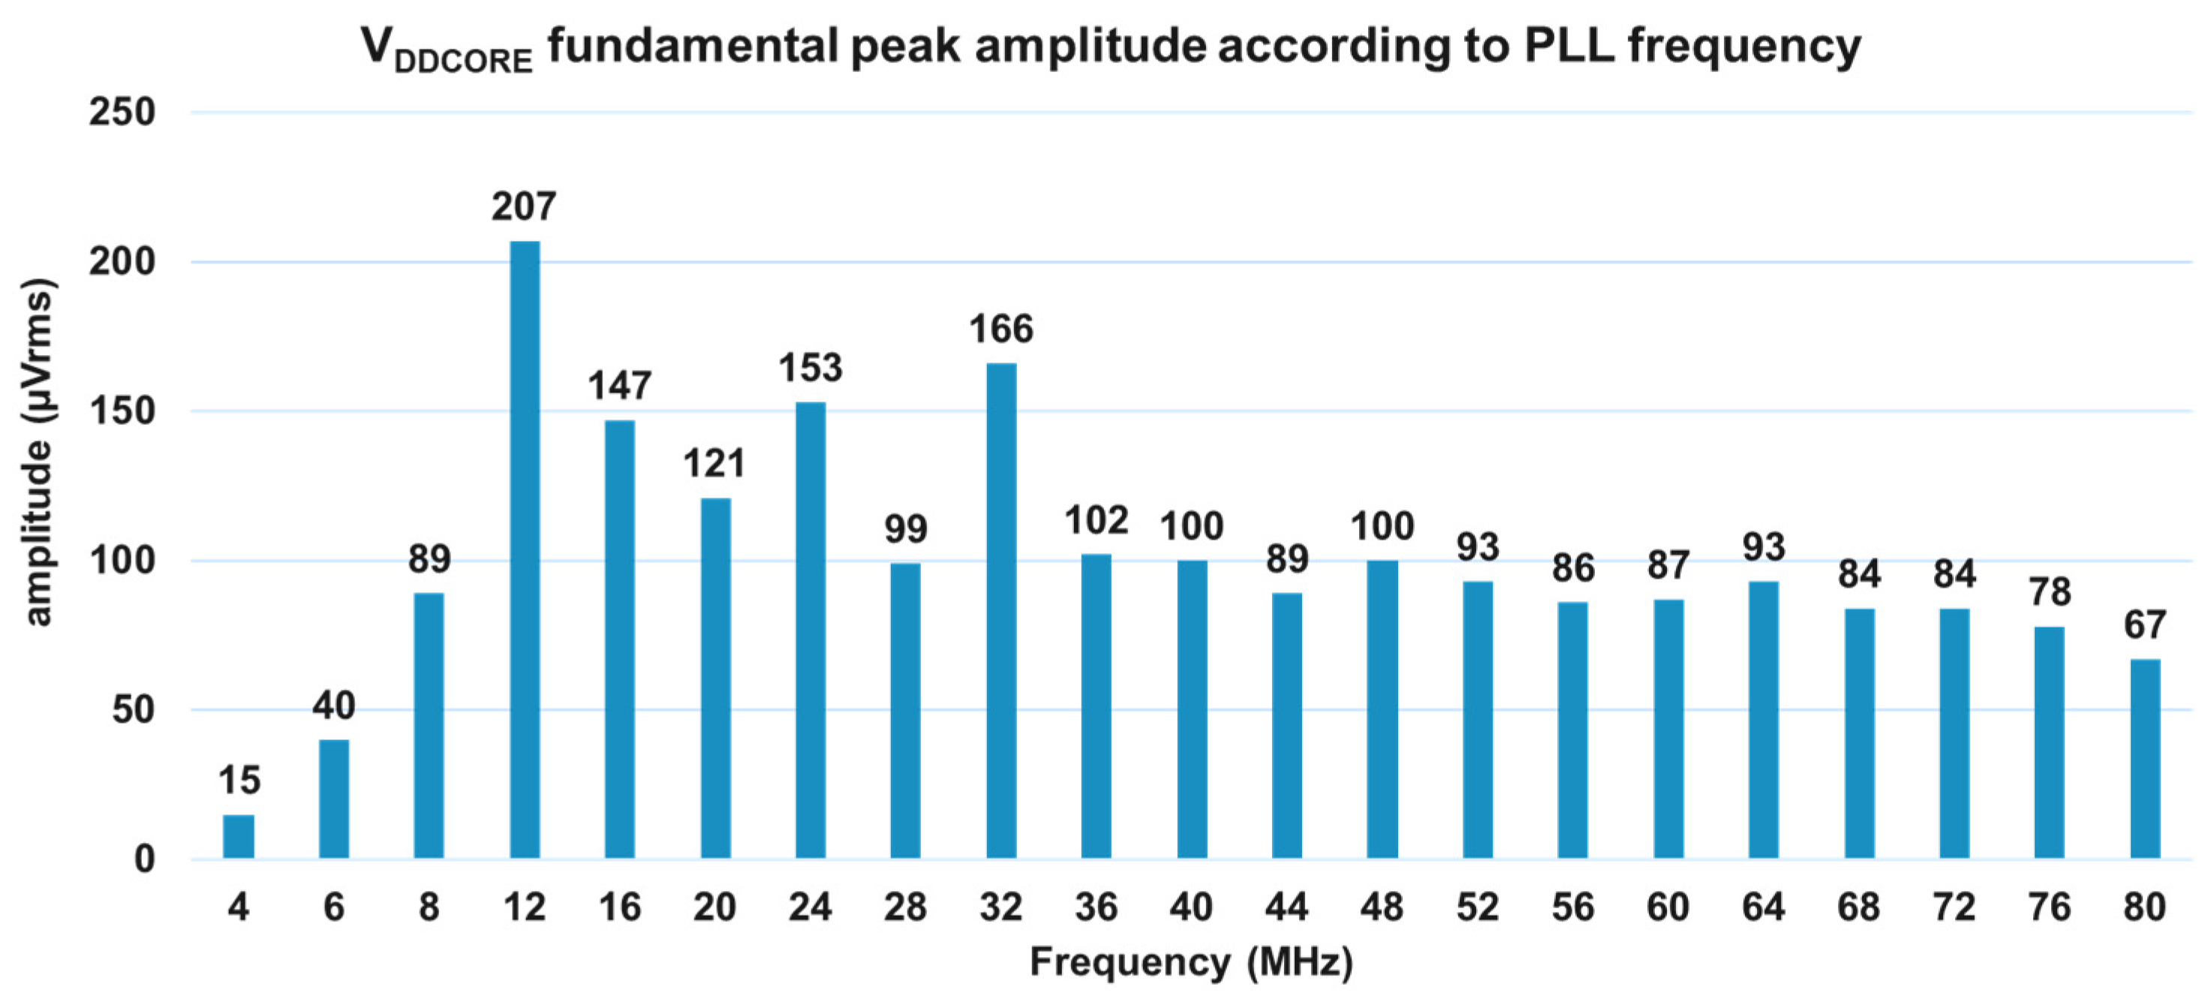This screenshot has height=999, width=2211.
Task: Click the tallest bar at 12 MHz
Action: click(525, 549)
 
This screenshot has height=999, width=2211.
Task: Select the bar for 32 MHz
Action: click(1000, 610)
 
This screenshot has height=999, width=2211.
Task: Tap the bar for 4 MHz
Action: click(239, 836)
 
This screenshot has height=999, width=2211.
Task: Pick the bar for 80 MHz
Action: click(2145, 758)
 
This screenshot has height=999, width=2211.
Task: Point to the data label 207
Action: click(524, 207)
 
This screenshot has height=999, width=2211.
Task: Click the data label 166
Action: click(1000, 329)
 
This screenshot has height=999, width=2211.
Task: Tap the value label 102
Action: click(1096, 521)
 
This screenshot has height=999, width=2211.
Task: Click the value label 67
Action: click(2145, 624)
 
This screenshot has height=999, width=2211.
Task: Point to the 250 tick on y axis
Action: click(122, 113)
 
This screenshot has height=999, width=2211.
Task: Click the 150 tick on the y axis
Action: click(122, 411)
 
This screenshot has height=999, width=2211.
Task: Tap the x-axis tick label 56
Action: click(1572, 907)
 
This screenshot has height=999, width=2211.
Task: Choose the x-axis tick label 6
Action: click(334, 907)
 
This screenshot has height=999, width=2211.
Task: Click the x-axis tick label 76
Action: click(2050, 907)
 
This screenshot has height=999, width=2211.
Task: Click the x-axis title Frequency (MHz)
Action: click(1191, 962)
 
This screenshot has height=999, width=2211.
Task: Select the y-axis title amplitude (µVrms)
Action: click(38, 453)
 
